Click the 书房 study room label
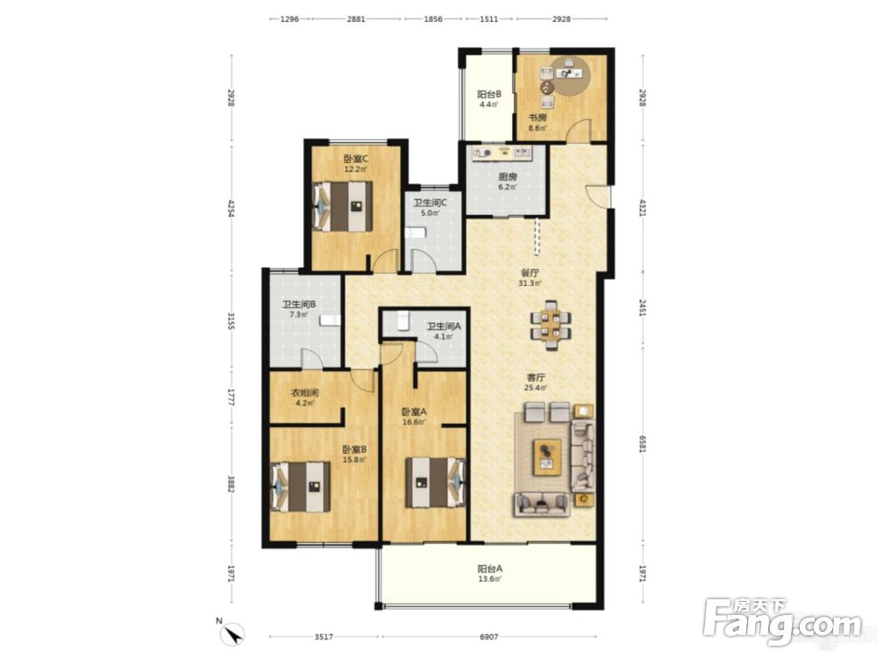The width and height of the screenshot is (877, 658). tap(538, 118)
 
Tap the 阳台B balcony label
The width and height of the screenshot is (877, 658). tap(488, 94)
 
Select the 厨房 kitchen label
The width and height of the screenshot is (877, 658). tap(508, 177)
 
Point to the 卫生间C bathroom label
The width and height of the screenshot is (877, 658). tap(430, 203)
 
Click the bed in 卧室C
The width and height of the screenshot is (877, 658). tap(342, 206)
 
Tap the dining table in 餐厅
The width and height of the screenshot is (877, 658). tap(552, 325)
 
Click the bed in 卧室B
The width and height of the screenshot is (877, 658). tap(300, 486)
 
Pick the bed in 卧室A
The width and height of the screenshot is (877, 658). tap(436, 483)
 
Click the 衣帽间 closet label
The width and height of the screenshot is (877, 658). tap(305, 393)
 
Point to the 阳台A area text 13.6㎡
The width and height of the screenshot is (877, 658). tap(489, 579)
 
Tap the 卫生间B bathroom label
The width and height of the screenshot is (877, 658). tap(299, 304)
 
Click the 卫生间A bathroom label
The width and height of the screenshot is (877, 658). tap(444, 326)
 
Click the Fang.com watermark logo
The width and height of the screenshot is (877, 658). tap(782, 621)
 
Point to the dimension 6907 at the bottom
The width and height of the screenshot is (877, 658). tap(488, 636)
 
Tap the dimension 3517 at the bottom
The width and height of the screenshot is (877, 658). tap(324, 636)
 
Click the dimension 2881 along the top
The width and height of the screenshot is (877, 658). tap(356, 18)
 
